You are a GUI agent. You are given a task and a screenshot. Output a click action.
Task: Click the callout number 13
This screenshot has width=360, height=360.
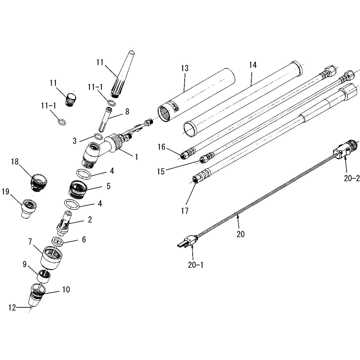coord(185,69)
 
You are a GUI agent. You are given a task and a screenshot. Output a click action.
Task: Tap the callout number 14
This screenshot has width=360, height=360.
coord(253,65)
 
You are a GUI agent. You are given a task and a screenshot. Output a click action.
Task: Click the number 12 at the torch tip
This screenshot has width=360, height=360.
coord(12,308)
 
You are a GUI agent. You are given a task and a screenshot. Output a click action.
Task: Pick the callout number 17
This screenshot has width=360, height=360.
coord(185,211)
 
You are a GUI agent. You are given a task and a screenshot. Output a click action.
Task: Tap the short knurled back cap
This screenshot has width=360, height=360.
coord(71,99)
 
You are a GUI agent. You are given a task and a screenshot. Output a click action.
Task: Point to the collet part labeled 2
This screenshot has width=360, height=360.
coord(65,222)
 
